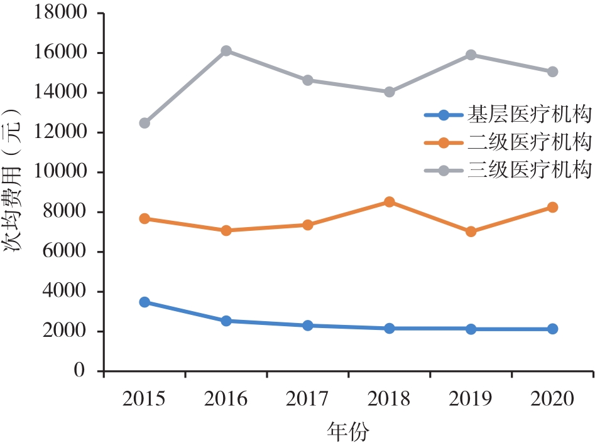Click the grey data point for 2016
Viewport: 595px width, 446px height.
tap(226, 51)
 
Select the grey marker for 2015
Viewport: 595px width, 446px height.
tap(145, 123)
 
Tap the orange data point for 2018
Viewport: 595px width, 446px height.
tap(390, 202)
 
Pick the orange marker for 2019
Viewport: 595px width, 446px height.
tap(471, 231)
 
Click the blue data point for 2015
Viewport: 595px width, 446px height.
tap(145, 302)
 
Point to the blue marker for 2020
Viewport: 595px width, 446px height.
tap(553, 329)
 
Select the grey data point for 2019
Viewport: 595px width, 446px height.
tap(471, 55)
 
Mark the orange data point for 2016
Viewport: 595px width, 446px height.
tap(226, 230)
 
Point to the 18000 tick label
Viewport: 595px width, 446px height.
tap(59, 13)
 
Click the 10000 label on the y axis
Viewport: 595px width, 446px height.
tap(59, 172)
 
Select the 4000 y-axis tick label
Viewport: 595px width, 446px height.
tap(64, 292)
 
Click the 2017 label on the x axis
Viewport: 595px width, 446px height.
tap(308, 398)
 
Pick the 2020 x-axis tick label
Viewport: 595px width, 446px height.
tap(553, 398)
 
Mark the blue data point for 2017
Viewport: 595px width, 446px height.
tap(308, 326)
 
